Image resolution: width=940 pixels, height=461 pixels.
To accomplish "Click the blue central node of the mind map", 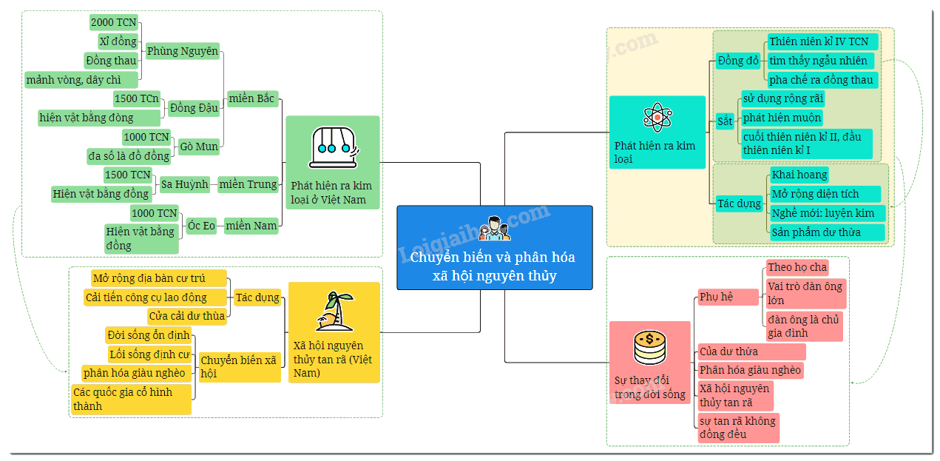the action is click(495, 248).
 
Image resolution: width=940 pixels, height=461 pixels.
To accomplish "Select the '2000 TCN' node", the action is click(114, 22).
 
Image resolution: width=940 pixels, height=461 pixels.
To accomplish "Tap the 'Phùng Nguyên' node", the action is click(183, 51).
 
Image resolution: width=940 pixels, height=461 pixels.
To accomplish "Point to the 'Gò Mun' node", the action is click(199, 147).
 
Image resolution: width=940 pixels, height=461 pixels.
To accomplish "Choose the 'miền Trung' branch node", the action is click(248, 184).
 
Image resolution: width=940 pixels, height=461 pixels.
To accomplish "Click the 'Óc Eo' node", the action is click(201, 226).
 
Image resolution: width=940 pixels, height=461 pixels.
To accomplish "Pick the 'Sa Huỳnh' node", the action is click(185, 184).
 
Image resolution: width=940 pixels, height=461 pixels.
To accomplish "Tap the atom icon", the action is click(657, 118).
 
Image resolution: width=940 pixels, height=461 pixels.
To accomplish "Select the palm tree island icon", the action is click(335, 312).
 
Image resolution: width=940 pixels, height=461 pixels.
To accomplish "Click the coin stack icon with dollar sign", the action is click(649, 348).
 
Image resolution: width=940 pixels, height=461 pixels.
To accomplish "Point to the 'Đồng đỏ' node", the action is click(738, 61).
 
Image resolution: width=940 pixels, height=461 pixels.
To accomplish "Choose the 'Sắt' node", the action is click(725, 121).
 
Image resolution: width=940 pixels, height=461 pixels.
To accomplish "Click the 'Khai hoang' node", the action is click(799, 175).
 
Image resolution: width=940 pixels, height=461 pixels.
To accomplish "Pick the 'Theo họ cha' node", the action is click(797, 267).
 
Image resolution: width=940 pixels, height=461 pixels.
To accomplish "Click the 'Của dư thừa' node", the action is click(751, 351).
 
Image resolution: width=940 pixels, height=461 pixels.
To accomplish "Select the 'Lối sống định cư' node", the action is click(149, 354).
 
